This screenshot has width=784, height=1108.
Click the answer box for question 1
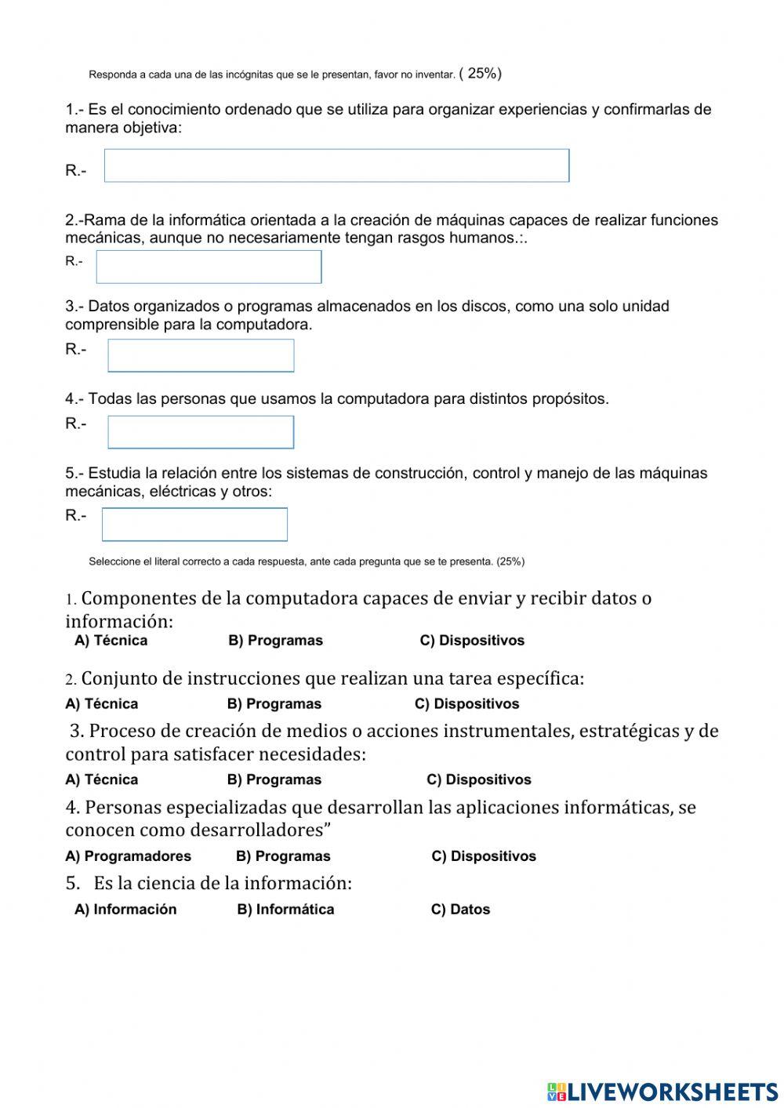[x=336, y=166]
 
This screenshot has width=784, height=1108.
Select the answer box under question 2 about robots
[x=209, y=267]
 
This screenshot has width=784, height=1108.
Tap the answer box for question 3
[x=201, y=356]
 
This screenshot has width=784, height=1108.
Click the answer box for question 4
[x=201, y=432]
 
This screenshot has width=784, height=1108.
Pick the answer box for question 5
[x=194, y=525]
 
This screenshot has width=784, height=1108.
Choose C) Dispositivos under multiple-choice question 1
[x=472, y=641]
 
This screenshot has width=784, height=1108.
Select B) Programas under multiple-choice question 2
[x=274, y=704]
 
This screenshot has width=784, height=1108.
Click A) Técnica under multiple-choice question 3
[x=102, y=780]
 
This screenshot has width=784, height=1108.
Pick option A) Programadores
[x=129, y=856]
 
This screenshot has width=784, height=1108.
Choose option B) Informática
[x=285, y=910]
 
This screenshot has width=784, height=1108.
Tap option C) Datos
[x=460, y=910]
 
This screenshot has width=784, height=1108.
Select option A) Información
[x=125, y=910]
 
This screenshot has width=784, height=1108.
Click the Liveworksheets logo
[x=662, y=1091]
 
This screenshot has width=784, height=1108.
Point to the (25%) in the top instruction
[x=481, y=74]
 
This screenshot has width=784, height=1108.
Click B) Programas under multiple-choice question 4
[x=283, y=856]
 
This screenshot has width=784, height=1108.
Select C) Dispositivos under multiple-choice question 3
[x=479, y=780]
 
